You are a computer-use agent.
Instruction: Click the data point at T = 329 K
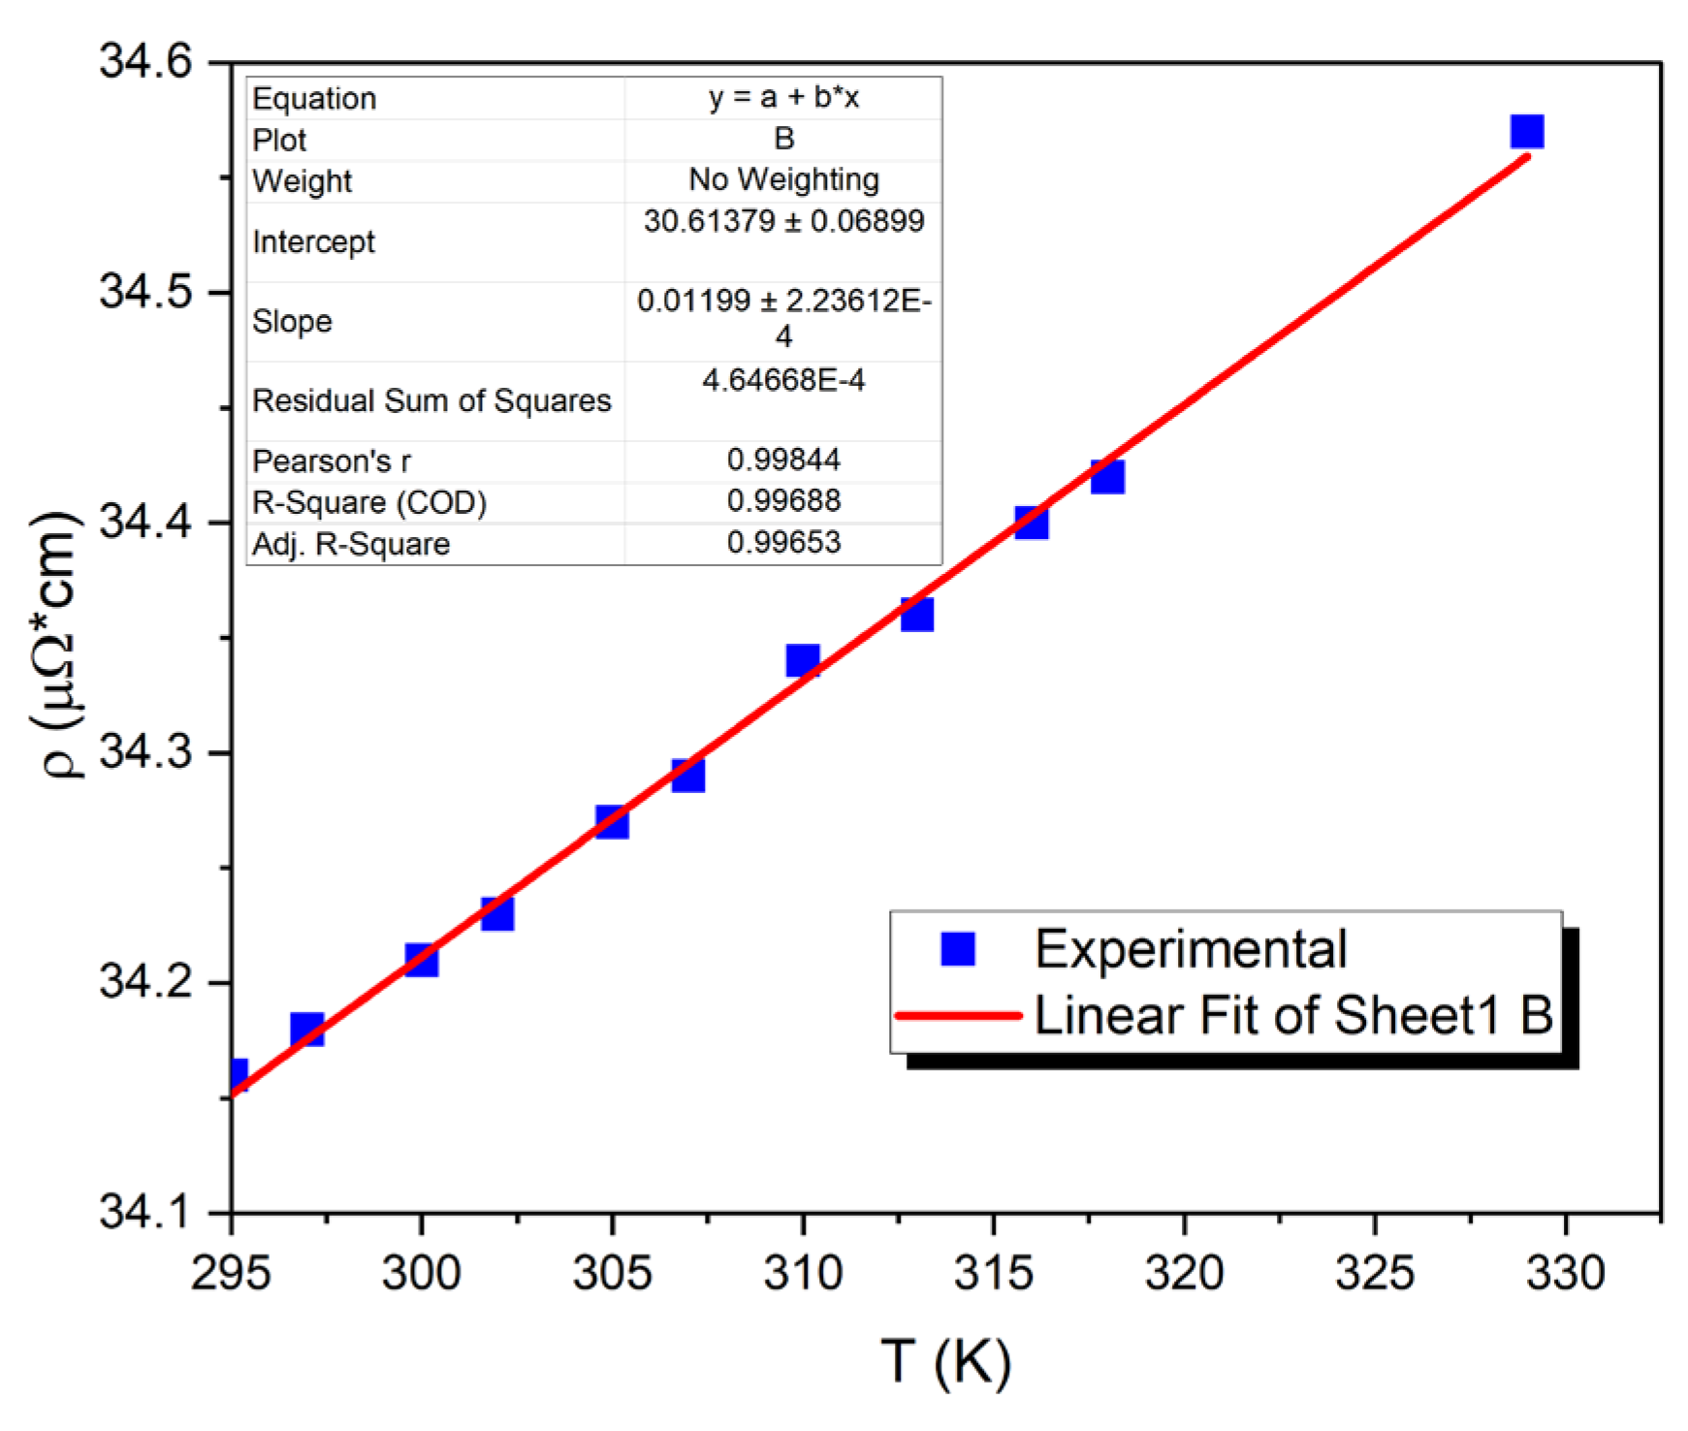(1527, 131)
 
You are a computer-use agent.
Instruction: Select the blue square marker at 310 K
(803, 660)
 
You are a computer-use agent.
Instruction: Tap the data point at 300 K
(421, 960)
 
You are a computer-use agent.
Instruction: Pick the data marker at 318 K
(1107, 476)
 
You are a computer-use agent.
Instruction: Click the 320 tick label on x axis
(1184, 1273)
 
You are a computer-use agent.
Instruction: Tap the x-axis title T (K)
(946, 1362)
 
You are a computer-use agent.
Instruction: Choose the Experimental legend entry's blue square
(958, 948)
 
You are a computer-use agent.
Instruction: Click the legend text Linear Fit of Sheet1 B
(1293, 1015)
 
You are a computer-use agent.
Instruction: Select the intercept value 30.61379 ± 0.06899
(783, 221)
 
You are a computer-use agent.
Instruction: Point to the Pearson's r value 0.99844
(783, 460)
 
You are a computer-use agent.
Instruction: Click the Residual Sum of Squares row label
(431, 400)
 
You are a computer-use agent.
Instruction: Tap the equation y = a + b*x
(783, 97)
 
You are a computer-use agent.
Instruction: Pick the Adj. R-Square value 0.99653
(783, 542)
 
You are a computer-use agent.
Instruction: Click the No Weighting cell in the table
(783, 179)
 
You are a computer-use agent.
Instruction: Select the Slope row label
(292, 321)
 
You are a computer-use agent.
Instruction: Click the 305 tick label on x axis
(612, 1273)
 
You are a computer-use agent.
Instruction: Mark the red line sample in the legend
(958, 1016)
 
